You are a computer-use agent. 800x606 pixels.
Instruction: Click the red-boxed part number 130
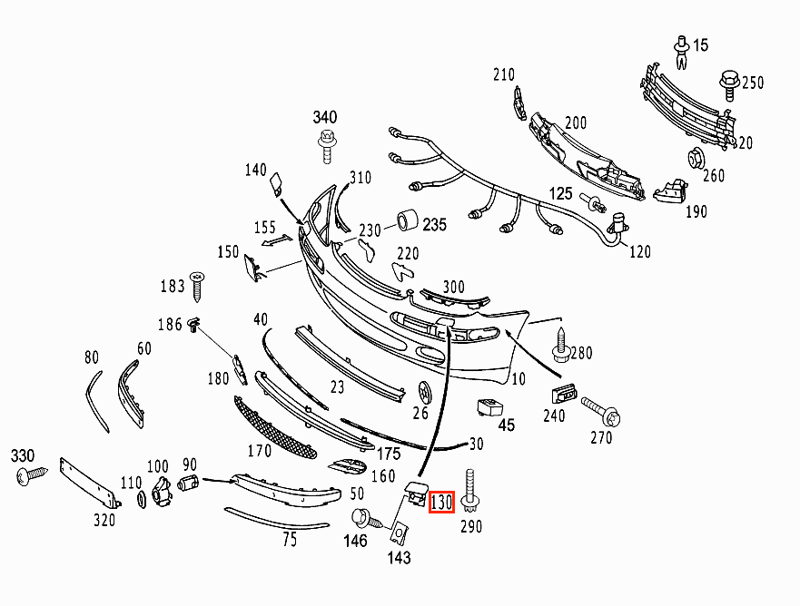coord(441,502)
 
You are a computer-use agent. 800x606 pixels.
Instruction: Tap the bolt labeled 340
coord(327,146)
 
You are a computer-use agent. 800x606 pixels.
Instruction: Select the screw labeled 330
coord(32,476)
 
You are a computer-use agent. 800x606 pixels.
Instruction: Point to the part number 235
coord(434,224)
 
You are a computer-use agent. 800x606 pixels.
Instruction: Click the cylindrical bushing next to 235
coord(408,220)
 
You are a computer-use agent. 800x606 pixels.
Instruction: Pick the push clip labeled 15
coord(682,52)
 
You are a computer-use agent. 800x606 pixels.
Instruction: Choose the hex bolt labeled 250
coord(729,85)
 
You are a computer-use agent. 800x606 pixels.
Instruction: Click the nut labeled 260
coord(696,158)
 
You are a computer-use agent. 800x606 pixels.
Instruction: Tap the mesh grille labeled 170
coord(274,427)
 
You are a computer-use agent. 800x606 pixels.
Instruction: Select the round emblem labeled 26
coord(424,392)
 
